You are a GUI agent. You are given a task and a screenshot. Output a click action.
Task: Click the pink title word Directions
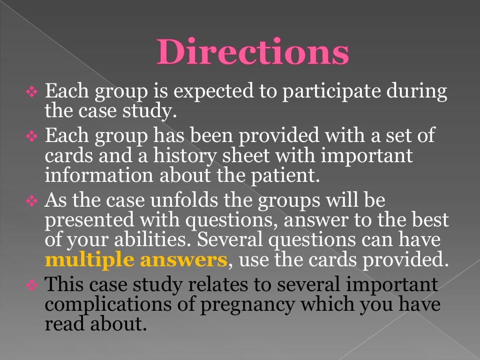tap(253, 52)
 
